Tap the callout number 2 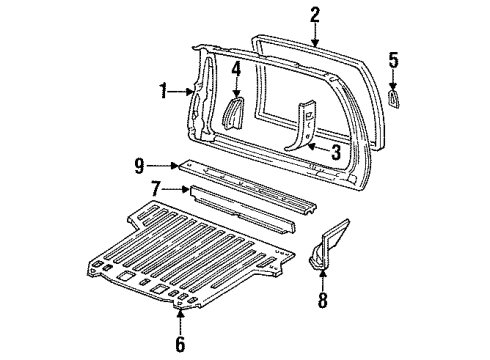click(315, 14)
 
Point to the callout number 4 click(237, 72)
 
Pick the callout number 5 click(394, 62)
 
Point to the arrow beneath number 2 click(315, 36)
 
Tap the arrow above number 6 click(181, 322)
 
